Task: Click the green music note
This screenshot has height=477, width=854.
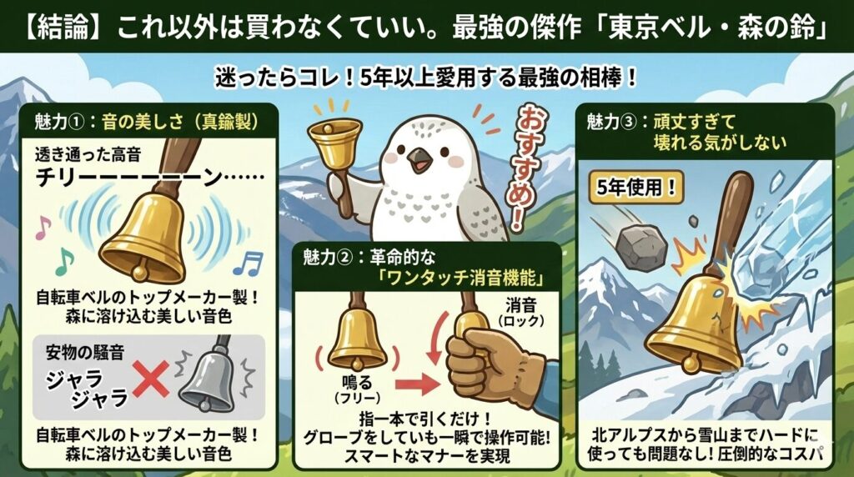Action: pos(64,261)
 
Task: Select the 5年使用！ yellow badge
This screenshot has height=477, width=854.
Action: pos(635,188)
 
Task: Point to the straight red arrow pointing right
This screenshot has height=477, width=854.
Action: pos(417,384)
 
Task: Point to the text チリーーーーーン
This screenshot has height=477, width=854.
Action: pos(150,178)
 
